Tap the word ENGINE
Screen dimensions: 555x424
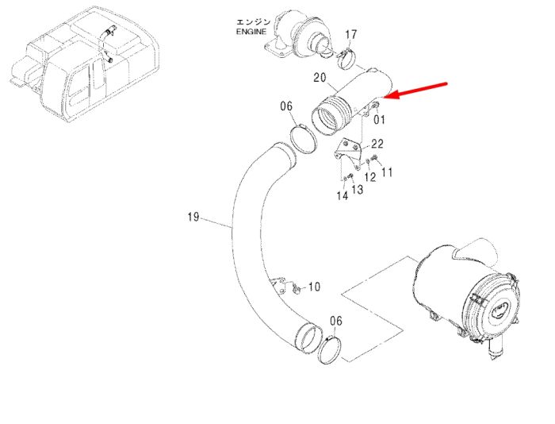point(251,32)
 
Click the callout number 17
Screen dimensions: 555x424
point(350,35)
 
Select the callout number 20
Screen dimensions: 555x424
point(320,77)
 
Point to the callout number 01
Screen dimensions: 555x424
point(379,119)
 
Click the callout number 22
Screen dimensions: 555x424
point(377,144)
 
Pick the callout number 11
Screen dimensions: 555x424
point(387,172)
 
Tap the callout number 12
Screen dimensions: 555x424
point(370,177)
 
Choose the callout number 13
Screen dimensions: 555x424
point(358,189)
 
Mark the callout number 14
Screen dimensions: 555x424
point(343,195)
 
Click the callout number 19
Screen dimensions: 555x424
point(193,217)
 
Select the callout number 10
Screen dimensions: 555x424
point(314,287)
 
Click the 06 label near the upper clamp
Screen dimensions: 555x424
point(287,106)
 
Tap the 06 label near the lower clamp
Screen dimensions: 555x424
point(336,321)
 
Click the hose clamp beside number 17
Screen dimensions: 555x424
point(346,60)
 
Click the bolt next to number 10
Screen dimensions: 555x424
point(297,289)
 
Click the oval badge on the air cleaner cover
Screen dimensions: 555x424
point(500,311)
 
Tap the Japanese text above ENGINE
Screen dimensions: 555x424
point(253,22)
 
